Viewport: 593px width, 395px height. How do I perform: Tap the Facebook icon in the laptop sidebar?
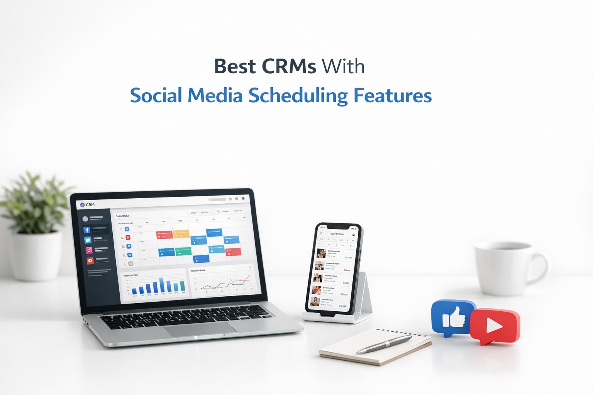click(87, 230)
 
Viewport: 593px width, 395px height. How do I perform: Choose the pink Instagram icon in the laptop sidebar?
click(89, 250)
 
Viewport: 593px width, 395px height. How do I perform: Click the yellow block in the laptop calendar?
click(181, 234)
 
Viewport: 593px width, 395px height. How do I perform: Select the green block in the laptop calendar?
click(183, 252)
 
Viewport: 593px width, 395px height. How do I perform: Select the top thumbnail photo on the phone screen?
click(320, 253)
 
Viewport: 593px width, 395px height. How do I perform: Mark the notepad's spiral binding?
click(403, 333)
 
